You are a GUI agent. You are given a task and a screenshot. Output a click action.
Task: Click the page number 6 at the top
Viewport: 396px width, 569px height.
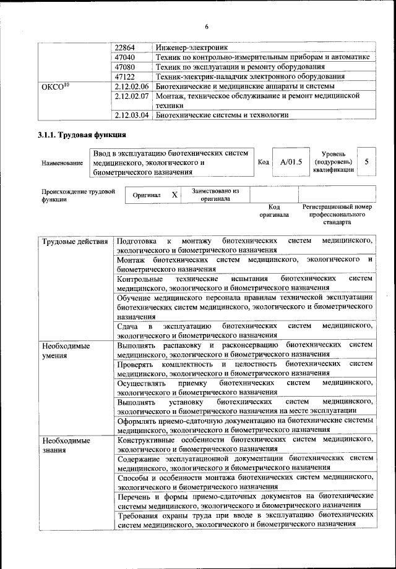click(206, 26)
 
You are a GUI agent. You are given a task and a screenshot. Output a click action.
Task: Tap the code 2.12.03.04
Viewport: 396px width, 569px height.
click(133, 115)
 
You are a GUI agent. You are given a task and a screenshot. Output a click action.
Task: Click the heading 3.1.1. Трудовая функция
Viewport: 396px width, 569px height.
click(83, 135)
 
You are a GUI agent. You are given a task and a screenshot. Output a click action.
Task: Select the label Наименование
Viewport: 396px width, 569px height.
click(62, 163)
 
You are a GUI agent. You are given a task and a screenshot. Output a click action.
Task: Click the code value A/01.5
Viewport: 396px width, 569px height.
click(290, 162)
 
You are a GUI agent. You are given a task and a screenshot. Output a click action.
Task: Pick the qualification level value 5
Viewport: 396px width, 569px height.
click(367, 162)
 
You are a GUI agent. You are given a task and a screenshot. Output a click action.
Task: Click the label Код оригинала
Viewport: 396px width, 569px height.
click(274, 211)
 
